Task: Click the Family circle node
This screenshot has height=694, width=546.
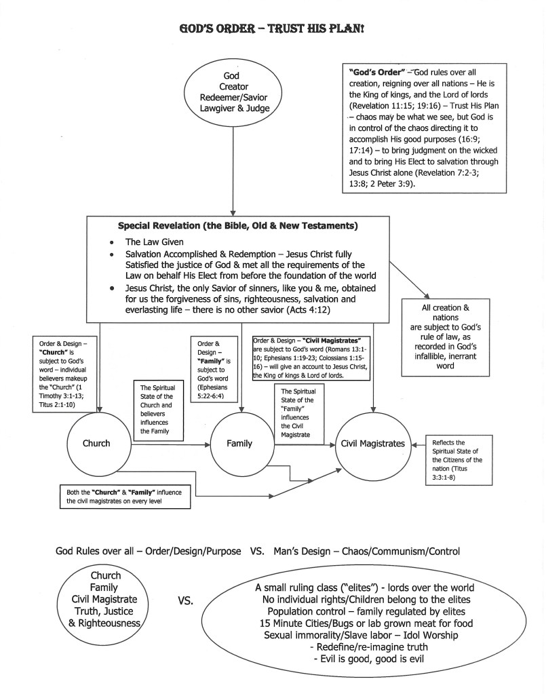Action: [239, 444]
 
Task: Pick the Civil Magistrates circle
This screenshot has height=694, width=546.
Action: [374, 444]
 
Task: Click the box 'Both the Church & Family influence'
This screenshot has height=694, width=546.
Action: [120, 497]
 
